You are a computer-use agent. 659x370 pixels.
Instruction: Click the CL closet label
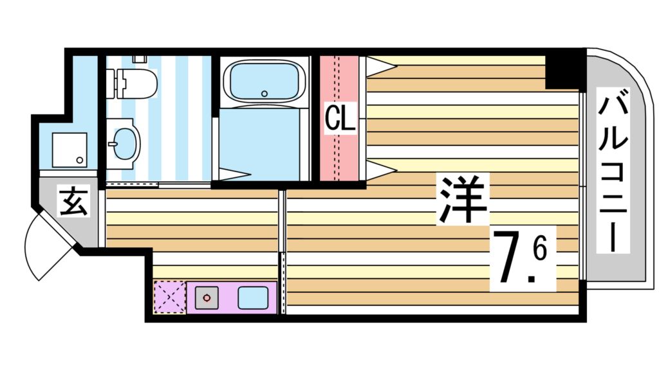click(x=340, y=119)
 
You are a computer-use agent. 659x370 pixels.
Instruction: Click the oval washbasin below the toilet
click(x=126, y=143)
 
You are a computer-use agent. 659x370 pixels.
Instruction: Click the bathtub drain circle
click(x=264, y=94)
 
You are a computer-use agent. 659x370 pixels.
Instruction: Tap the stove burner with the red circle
click(x=207, y=298)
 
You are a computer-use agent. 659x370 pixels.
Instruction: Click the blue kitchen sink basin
click(x=254, y=298)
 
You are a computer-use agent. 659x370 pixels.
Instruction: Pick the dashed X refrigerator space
click(x=169, y=297)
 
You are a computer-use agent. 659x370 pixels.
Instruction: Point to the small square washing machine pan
click(x=68, y=149)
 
